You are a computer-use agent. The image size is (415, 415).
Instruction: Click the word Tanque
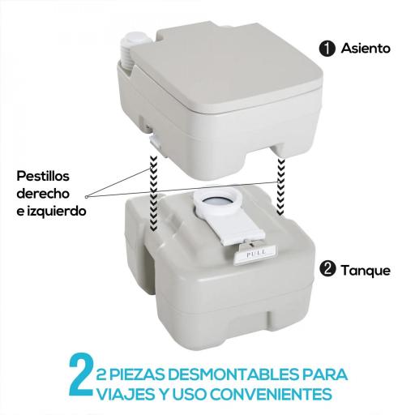pos(366,269)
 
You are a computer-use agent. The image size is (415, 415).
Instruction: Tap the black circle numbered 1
pos(327,49)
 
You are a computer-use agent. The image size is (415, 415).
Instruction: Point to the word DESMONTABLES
pos(226,375)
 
